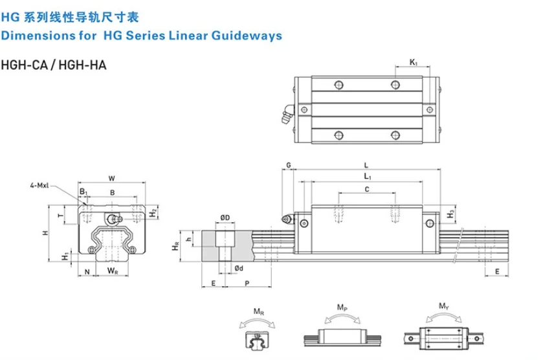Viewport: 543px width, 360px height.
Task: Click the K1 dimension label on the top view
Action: (413, 63)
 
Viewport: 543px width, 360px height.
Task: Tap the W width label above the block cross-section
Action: (111, 177)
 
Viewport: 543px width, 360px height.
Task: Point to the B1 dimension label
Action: (83, 192)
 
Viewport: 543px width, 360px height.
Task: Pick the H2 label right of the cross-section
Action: (153, 212)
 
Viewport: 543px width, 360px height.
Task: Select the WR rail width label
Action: (113, 271)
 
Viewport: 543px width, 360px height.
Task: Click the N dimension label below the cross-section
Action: (87, 271)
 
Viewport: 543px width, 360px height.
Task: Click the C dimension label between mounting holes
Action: (367, 189)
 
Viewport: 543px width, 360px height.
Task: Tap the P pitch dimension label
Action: (247, 284)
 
